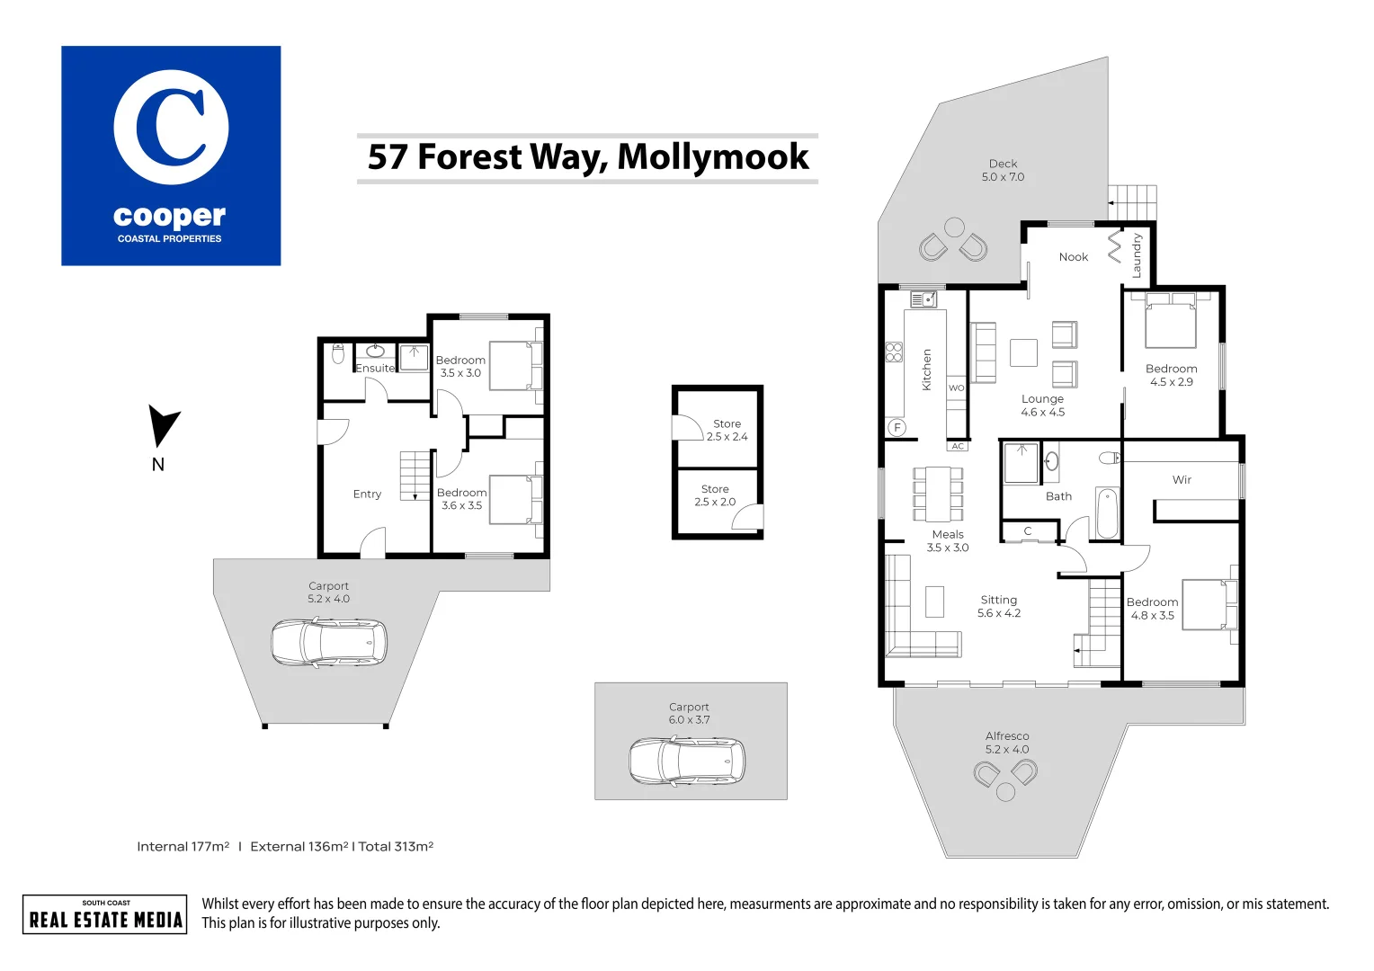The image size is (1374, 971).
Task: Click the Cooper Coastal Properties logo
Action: (x=171, y=156)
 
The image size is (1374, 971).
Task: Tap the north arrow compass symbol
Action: (x=163, y=427)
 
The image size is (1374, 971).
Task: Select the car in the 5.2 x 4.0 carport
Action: (x=329, y=642)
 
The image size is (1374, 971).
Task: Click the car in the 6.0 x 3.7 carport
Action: (x=687, y=762)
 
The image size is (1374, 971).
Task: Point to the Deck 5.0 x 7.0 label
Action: (x=1003, y=171)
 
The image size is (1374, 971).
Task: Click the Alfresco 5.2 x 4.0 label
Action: (x=1007, y=743)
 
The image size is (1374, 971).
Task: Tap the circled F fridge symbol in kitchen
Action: (x=897, y=428)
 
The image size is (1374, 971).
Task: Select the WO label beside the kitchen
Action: (x=957, y=388)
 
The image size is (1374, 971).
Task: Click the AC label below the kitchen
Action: (x=958, y=446)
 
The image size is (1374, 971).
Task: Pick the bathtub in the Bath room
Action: (x=1107, y=513)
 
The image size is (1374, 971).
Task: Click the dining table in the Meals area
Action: (x=938, y=494)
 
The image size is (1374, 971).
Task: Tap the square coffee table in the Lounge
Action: (x=1023, y=352)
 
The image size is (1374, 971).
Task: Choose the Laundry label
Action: (x=1137, y=255)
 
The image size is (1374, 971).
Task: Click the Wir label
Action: (x=1182, y=480)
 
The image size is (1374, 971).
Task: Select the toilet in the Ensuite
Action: (x=338, y=354)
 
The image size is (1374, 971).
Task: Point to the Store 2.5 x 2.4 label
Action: (x=727, y=430)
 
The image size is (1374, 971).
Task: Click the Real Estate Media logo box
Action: (x=105, y=914)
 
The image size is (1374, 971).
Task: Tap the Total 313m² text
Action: (x=396, y=846)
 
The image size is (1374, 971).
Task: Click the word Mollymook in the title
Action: (x=713, y=157)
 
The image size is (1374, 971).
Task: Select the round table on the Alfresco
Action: (x=1005, y=792)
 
